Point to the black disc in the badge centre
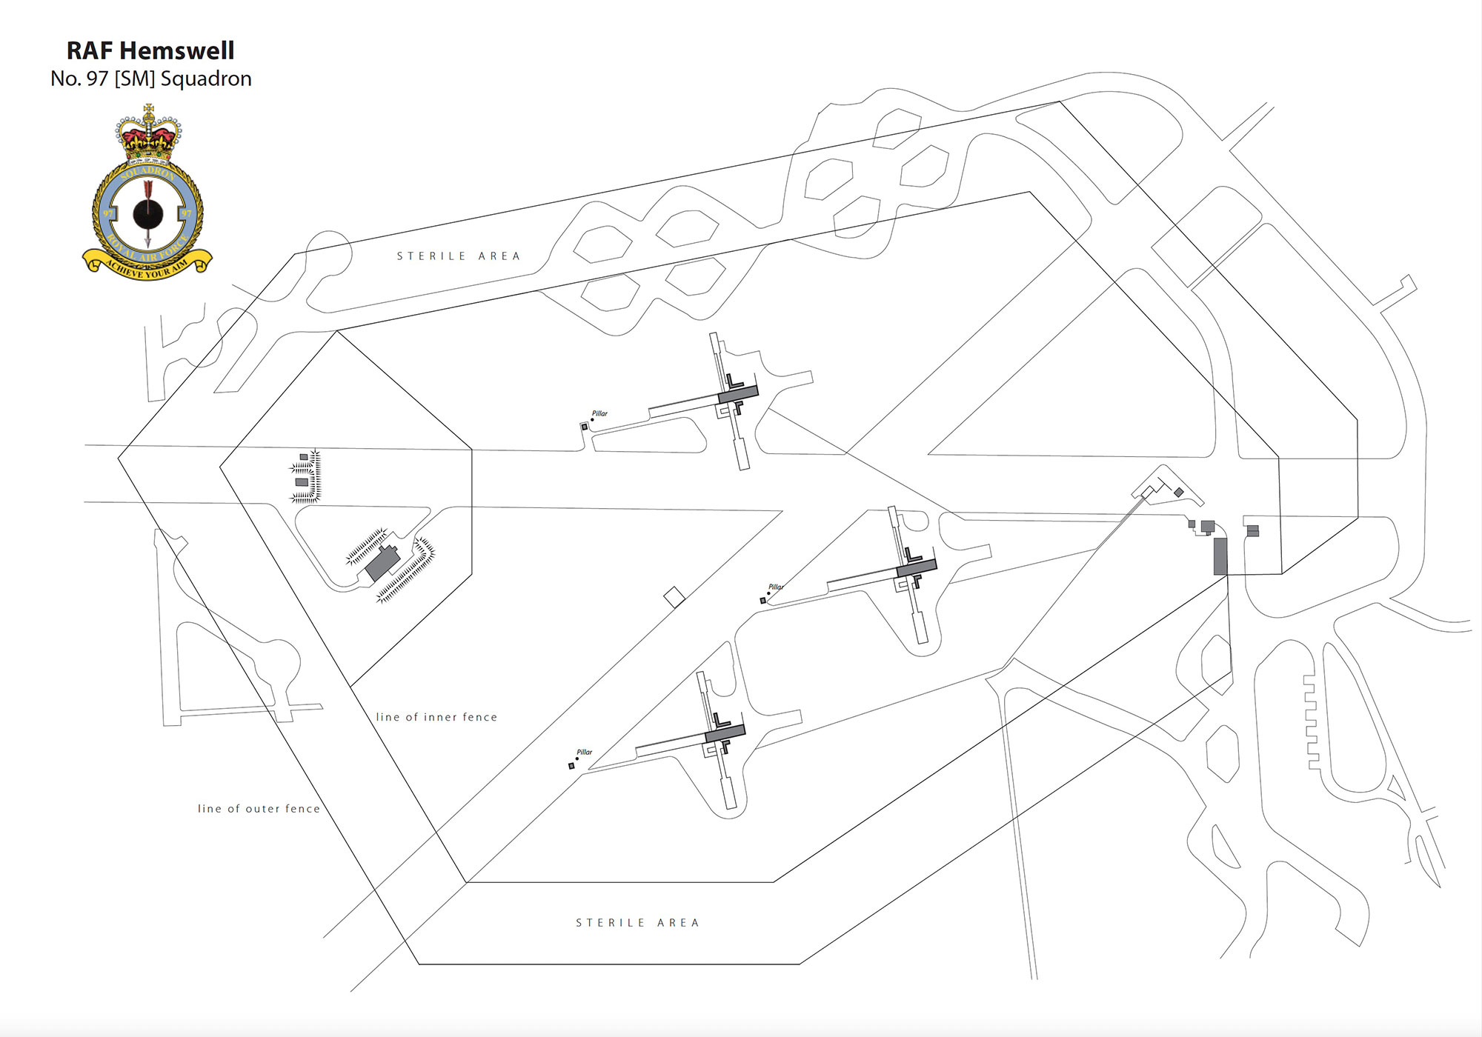click(x=147, y=214)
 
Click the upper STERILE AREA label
click(x=459, y=256)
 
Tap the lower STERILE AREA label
click(x=637, y=923)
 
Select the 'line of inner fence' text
click(x=436, y=717)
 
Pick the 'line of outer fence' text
click(x=259, y=809)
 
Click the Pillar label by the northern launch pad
click(x=599, y=413)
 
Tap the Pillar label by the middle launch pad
click(x=775, y=587)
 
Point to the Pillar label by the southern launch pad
click(x=584, y=752)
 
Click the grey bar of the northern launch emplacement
click(x=738, y=395)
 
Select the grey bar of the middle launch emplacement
click(x=917, y=567)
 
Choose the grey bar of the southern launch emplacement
click(x=725, y=733)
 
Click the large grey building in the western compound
click(x=382, y=562)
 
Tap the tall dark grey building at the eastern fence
click(x=1220, y=556)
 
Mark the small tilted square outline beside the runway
click(x=674, y=596)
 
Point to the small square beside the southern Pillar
click(x=571, y=766)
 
